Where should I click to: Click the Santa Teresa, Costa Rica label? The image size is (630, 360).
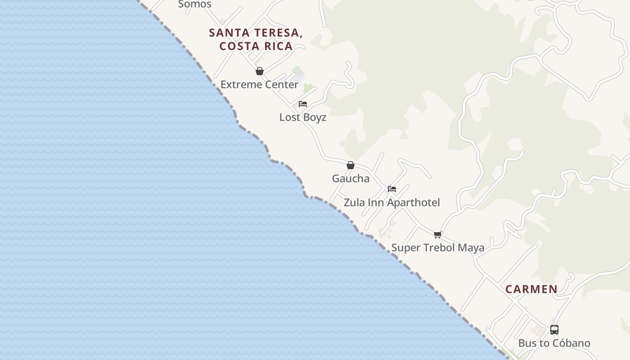click(x=255, y=39)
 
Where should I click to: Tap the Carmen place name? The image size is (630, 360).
click(x=531, y=289)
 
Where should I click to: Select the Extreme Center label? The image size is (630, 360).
click(x=259, y=84)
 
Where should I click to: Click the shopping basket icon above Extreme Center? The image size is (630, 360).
click(x=259, y=71)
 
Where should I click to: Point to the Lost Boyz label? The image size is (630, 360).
click(x=302, y=117)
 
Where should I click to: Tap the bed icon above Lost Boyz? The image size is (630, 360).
click(x=303, y=104)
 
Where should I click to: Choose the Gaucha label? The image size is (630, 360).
click(x=351, y=178)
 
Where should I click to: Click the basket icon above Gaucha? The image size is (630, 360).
click(x=351, y=165)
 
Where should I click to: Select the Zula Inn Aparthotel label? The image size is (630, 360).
click(x=391, y=202)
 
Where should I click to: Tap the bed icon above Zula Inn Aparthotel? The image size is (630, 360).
click(x=392, y=189)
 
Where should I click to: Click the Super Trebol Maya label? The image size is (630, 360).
click(x=437, y=247)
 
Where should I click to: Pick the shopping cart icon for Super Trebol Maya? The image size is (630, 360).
click(x=437, y=234)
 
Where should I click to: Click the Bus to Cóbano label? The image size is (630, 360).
click(x=554, y=343)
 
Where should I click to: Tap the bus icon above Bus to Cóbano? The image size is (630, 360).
click(x=554, y=330)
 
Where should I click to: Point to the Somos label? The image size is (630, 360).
click(x=194, y=4)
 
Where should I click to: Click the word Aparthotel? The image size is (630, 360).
click(x=414, y=202)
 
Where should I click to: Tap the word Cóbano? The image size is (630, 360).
click(x=571, y=343)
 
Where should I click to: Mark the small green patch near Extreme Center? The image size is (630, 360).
click(x=308, y=87)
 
